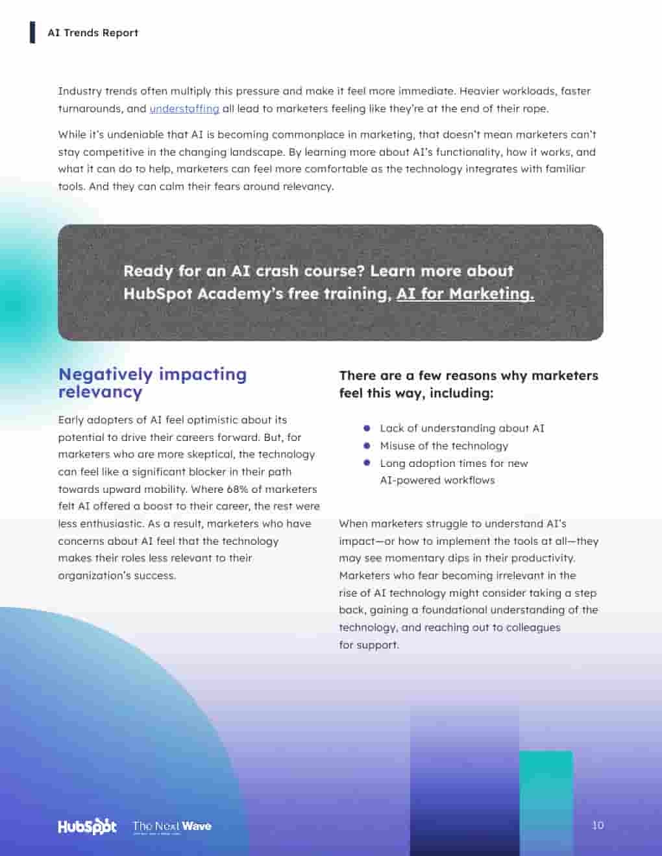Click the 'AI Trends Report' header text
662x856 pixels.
(x=93, y=33)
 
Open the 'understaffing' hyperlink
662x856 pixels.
(x=184, y=109)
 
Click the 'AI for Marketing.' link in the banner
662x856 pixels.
(x=465, y=294)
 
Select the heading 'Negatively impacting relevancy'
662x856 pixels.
(x=153, y=383)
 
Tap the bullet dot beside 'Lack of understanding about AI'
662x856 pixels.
(x=367, y=428)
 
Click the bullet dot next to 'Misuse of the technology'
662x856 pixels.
(x=367, y=446)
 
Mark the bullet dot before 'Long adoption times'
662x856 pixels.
(x=367, y=463)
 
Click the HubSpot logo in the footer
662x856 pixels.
(x=87, y=826)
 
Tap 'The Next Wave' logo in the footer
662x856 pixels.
(x=172, y=826)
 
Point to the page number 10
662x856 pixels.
(x=598, y=826)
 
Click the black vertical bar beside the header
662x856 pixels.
(x=32, y=32)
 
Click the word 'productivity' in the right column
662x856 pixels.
(x=543, y=558)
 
